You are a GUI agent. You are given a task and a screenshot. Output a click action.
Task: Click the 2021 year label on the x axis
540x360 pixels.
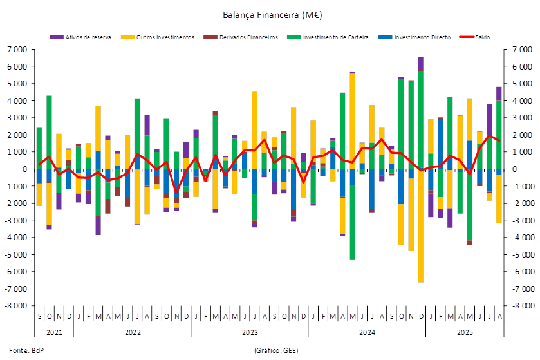[x=54, y=332]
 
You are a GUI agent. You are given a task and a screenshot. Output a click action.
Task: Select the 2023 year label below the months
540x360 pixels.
[x=250, y=332]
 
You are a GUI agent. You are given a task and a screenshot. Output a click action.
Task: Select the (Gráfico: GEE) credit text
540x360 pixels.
[x=277, y=350]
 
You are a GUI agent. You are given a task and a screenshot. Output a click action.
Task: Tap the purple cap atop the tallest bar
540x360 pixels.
[x=421, y=63]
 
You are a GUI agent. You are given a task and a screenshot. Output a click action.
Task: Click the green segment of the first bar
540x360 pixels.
[x=39, y=147]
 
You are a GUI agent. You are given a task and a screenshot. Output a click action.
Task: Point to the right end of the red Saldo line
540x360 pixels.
[x=499, y=141]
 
